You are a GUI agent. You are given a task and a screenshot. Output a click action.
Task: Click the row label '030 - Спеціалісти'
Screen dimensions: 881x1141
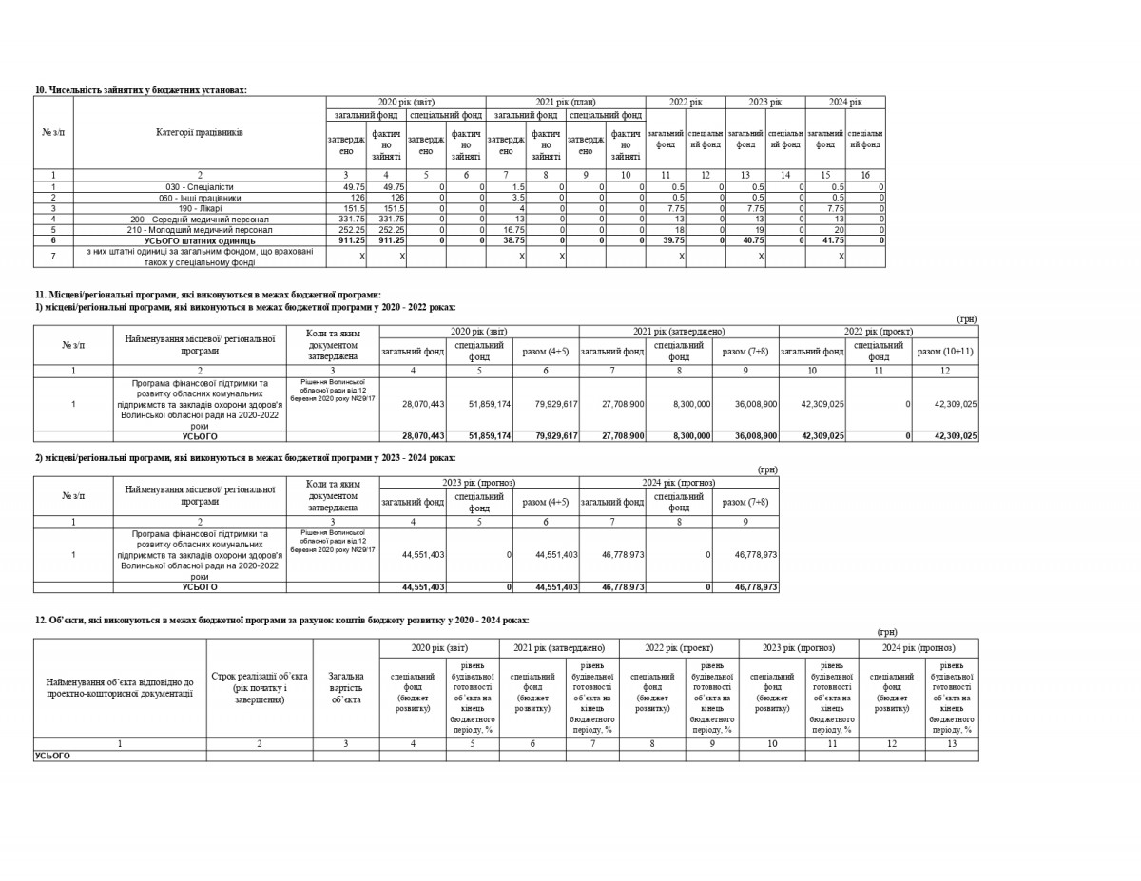click(x=199, y=187)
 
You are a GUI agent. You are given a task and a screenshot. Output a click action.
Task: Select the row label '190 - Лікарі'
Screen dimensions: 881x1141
click(x=199, y=208)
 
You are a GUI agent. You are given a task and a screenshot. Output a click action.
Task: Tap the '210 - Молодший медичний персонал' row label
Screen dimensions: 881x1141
click(x=199, y=230)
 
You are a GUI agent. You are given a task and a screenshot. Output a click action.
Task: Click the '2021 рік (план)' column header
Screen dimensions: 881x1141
click(x=565, y=102)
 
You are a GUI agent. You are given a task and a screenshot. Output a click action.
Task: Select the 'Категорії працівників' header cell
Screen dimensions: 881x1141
click(x=199, y=133)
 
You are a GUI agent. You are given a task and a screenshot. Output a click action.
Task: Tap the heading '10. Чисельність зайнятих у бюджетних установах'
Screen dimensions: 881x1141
click(x=141, y=89)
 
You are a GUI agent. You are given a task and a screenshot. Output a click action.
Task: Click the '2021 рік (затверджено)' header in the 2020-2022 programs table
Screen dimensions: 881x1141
click(x=679, y=331)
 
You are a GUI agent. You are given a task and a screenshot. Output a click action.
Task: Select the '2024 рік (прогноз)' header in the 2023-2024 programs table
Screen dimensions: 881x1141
click(x=679, y=483)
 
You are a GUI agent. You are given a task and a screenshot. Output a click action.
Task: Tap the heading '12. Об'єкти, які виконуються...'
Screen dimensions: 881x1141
click(x=281, y=620)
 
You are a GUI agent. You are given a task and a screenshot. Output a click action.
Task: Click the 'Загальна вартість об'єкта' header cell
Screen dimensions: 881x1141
click(x=346, y=687)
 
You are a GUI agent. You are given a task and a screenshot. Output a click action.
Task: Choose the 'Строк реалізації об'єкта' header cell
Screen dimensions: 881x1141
click(x=260, y=687)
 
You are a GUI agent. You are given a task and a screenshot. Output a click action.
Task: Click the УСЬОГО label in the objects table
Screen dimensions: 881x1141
click(x=52, y=756)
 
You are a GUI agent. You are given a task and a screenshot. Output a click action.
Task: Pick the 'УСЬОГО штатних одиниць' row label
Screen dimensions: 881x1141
click(x=199, y=240)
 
